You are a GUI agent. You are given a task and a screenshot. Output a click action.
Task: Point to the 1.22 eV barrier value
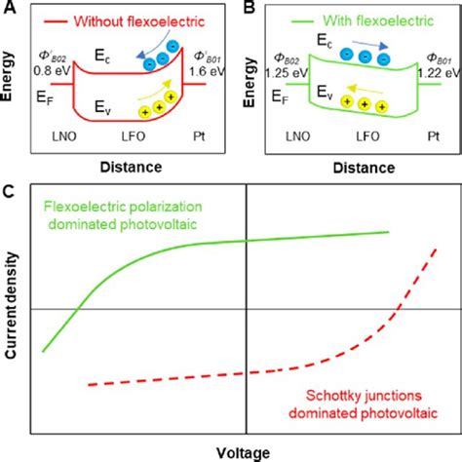(x=435, y=71)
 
